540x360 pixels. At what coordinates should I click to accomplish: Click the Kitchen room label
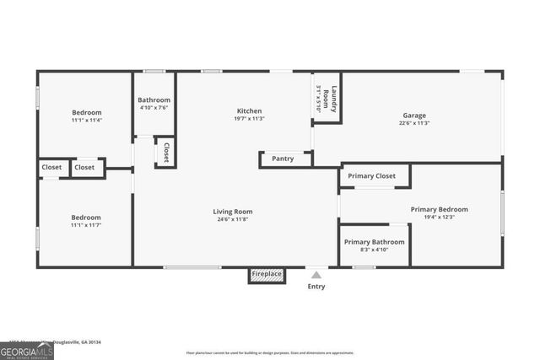click(x=249, y=110)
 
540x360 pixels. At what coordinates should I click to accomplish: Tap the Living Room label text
click(x=232, y=212)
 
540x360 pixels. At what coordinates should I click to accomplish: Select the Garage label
click(x=413, y=116)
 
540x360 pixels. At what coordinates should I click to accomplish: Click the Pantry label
click(x=283, y=159)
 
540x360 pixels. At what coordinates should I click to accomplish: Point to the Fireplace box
click(x=266, y=275)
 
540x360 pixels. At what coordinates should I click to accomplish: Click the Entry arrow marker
click(x=316, y=274)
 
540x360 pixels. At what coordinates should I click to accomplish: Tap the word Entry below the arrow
click(x=316, y=287)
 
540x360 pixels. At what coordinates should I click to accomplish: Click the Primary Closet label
click(x=372, y=176)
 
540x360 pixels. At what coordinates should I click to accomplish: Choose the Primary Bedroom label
click(x=439, y=209)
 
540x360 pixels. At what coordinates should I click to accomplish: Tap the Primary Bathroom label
click(x=374, y=242)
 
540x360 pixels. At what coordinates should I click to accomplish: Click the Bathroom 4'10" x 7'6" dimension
click(x=154, y=107)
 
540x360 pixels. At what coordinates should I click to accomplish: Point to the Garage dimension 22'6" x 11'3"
click(x=413, y=123)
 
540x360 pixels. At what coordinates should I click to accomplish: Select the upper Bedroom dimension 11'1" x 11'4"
click(x=86, y=120)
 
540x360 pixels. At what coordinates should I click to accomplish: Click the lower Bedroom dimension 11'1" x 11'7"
click(x=86, y=225)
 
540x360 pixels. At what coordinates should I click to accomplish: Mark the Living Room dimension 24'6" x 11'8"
click(x=232, y=219)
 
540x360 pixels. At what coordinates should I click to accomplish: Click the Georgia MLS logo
click(x=27, y=350)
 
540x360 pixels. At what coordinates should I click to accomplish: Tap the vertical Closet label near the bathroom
click(x=166, y=152)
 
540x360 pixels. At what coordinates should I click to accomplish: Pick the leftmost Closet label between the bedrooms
click(x=52, y=168)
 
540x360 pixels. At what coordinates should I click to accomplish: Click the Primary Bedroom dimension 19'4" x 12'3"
click(x=439, y=217)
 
